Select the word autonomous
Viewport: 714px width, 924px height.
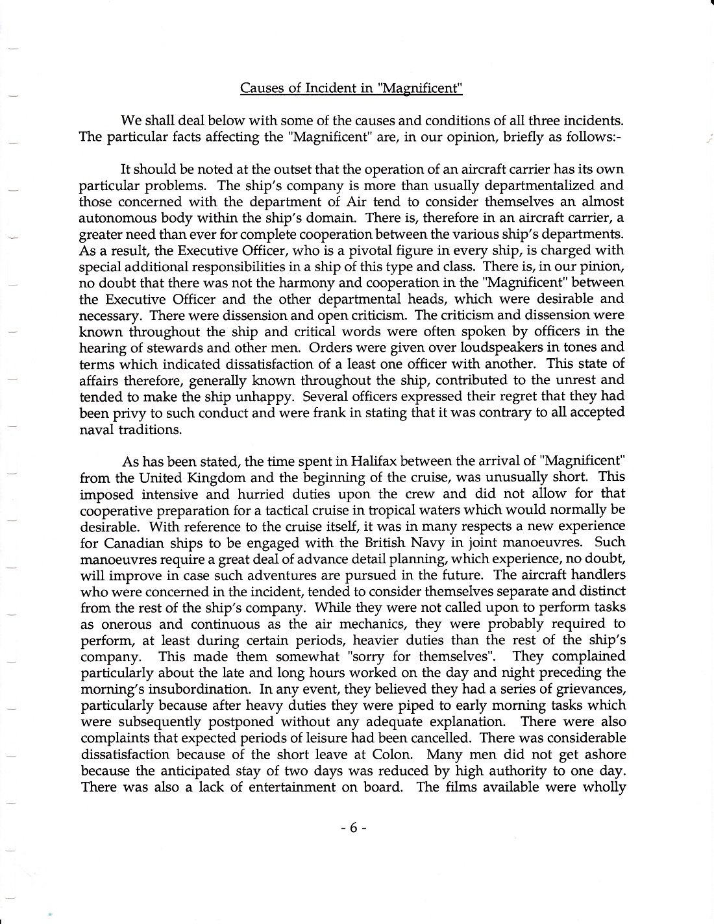coord(114,217)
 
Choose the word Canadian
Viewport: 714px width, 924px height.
coord(136,542)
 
